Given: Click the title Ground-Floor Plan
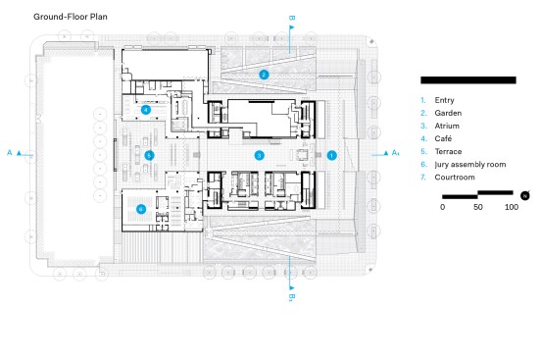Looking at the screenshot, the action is (x=71, y=17).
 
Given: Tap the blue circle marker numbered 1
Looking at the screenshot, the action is (x=331, y=156).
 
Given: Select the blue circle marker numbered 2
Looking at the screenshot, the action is (x=264, y=75).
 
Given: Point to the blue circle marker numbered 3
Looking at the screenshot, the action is (x=260, y=156).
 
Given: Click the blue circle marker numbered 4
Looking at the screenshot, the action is (x=146, y=110).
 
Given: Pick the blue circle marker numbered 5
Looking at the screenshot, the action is (x=149, y=156).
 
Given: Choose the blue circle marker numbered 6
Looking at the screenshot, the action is (x=141, y=209).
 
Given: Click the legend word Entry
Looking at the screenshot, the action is (x=444, y=100).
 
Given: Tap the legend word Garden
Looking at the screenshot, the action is (x=448, y=113).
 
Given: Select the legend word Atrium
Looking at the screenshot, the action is (x=447, y=126).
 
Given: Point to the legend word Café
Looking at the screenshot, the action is (x=443, y=138).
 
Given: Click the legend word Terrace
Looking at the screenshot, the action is (x=448, y=151).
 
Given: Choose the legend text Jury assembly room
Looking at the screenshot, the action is (x=470, y=165).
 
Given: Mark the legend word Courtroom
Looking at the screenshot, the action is (x=455, y=178).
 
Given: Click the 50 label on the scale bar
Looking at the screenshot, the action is (x=477, y=207).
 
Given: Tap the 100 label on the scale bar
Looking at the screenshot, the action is (x=512, y=207).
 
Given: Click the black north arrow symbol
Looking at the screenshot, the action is (x=525, y=195).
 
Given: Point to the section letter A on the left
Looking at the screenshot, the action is (x=9, y=153).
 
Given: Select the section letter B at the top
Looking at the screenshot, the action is (x=292, y=18).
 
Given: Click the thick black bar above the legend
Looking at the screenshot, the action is (x=468, y=80).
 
